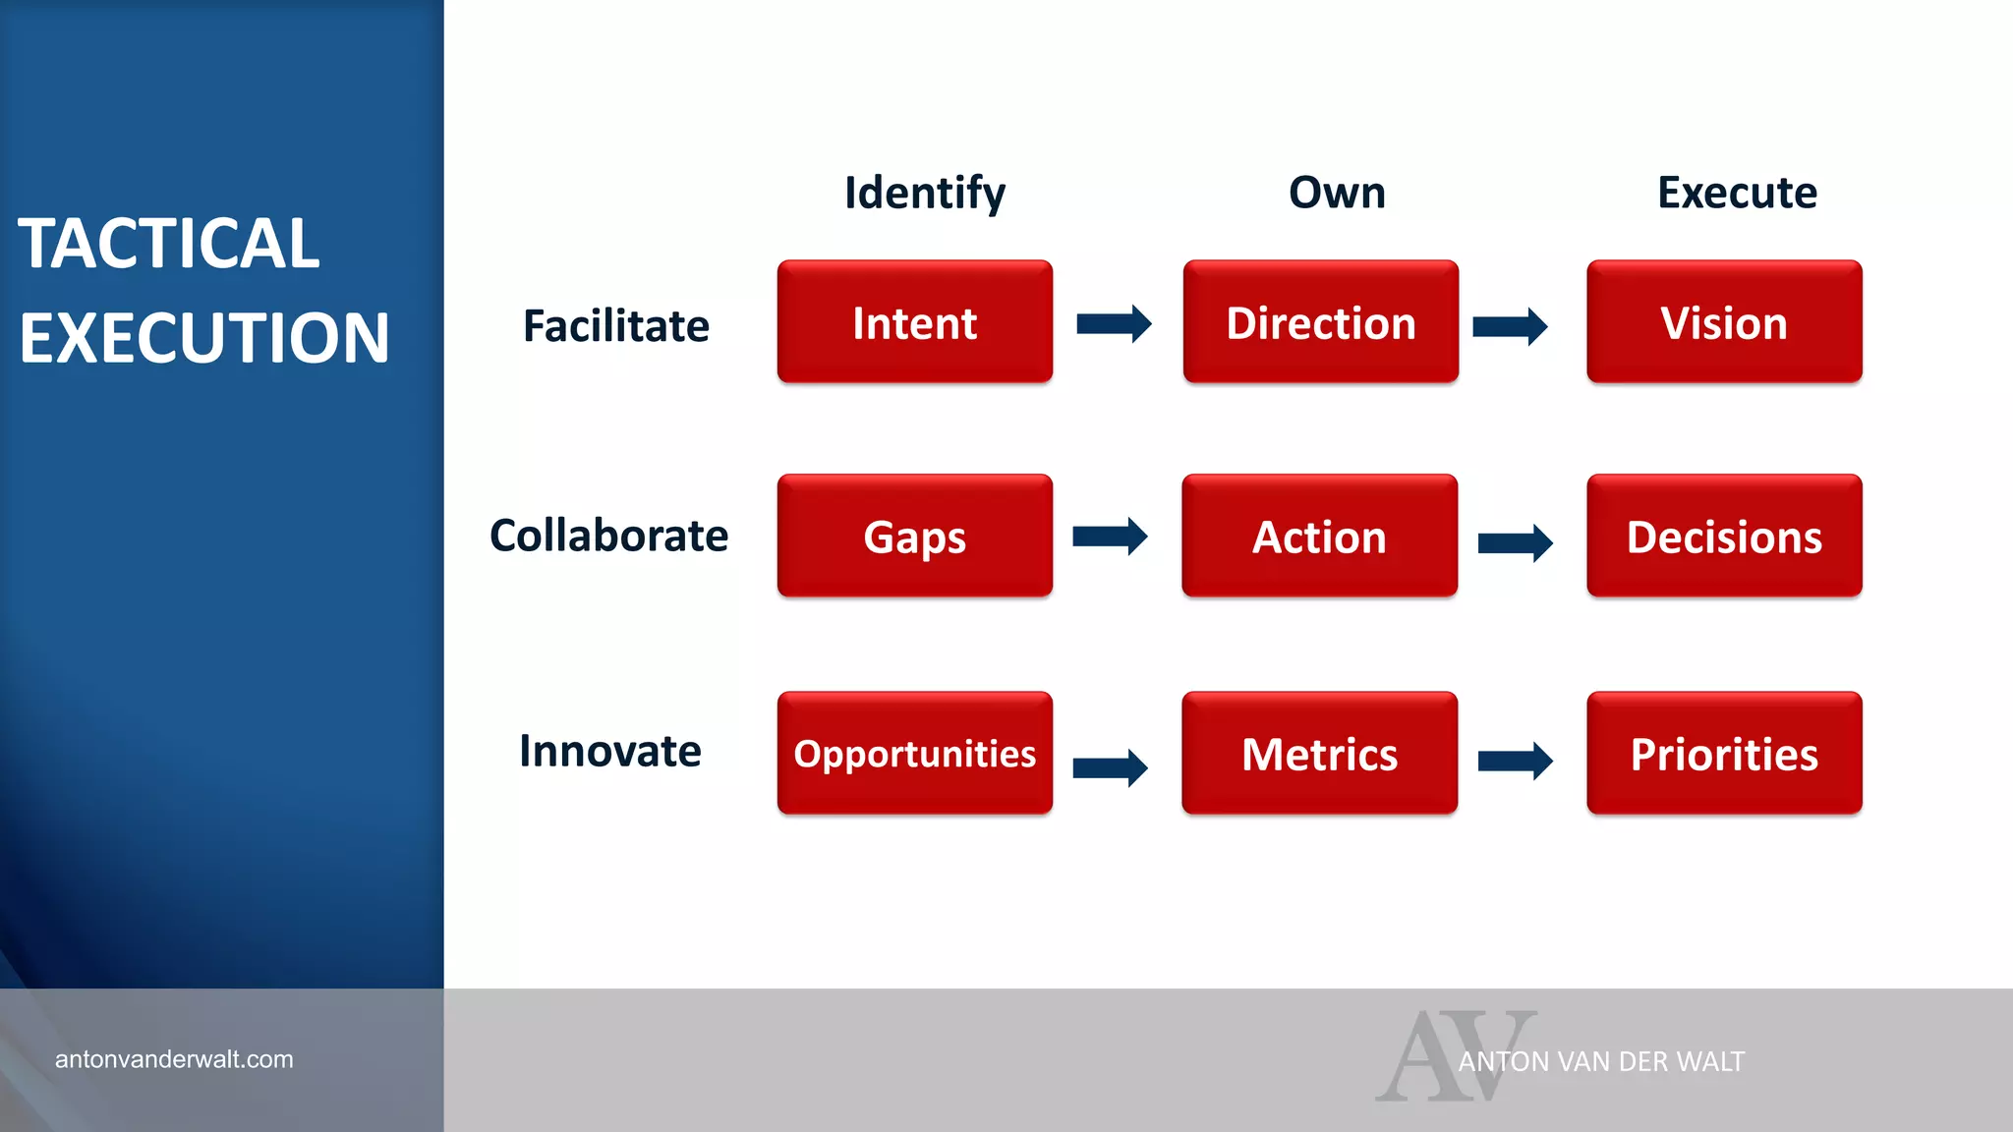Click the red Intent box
(x=914, y=322)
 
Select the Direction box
(x=1320, y=322)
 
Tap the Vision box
(x=1724, y=322)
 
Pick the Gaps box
(x=914, y=537)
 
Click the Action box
(x=1319, y=537)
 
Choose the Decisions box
(x=1724, y=537)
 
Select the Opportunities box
(x=914, y=754)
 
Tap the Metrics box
(x=1319, y=754)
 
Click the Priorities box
(x=1724, y=754)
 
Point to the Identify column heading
(x=925, y=193)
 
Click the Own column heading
(x=1337, y=193)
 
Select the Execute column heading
(x=1737, y=193)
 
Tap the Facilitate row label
(x=615, y=325)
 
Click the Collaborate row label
(x=608, y=536)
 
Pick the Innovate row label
(x=610, y=751)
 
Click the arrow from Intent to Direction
(x=1114, y=323)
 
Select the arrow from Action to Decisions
(x=1515, y=542)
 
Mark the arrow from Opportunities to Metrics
(x=1110, y=767)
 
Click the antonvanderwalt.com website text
(x=174, y=1059)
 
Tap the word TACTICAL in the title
(x=168, y=244)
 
